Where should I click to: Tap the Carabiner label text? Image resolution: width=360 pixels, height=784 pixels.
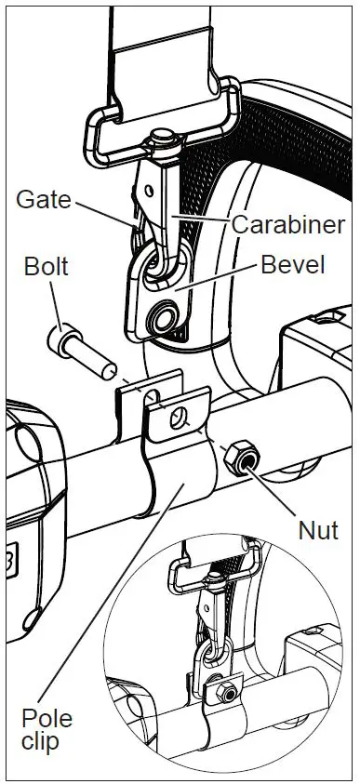click(x=287, y=224)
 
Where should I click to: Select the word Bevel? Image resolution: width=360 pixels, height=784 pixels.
click(x=292, y=265)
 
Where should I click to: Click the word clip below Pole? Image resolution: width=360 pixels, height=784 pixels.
click(x=43, y=743)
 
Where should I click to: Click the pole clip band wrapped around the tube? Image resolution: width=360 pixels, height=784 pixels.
click(x=181, y=474)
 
